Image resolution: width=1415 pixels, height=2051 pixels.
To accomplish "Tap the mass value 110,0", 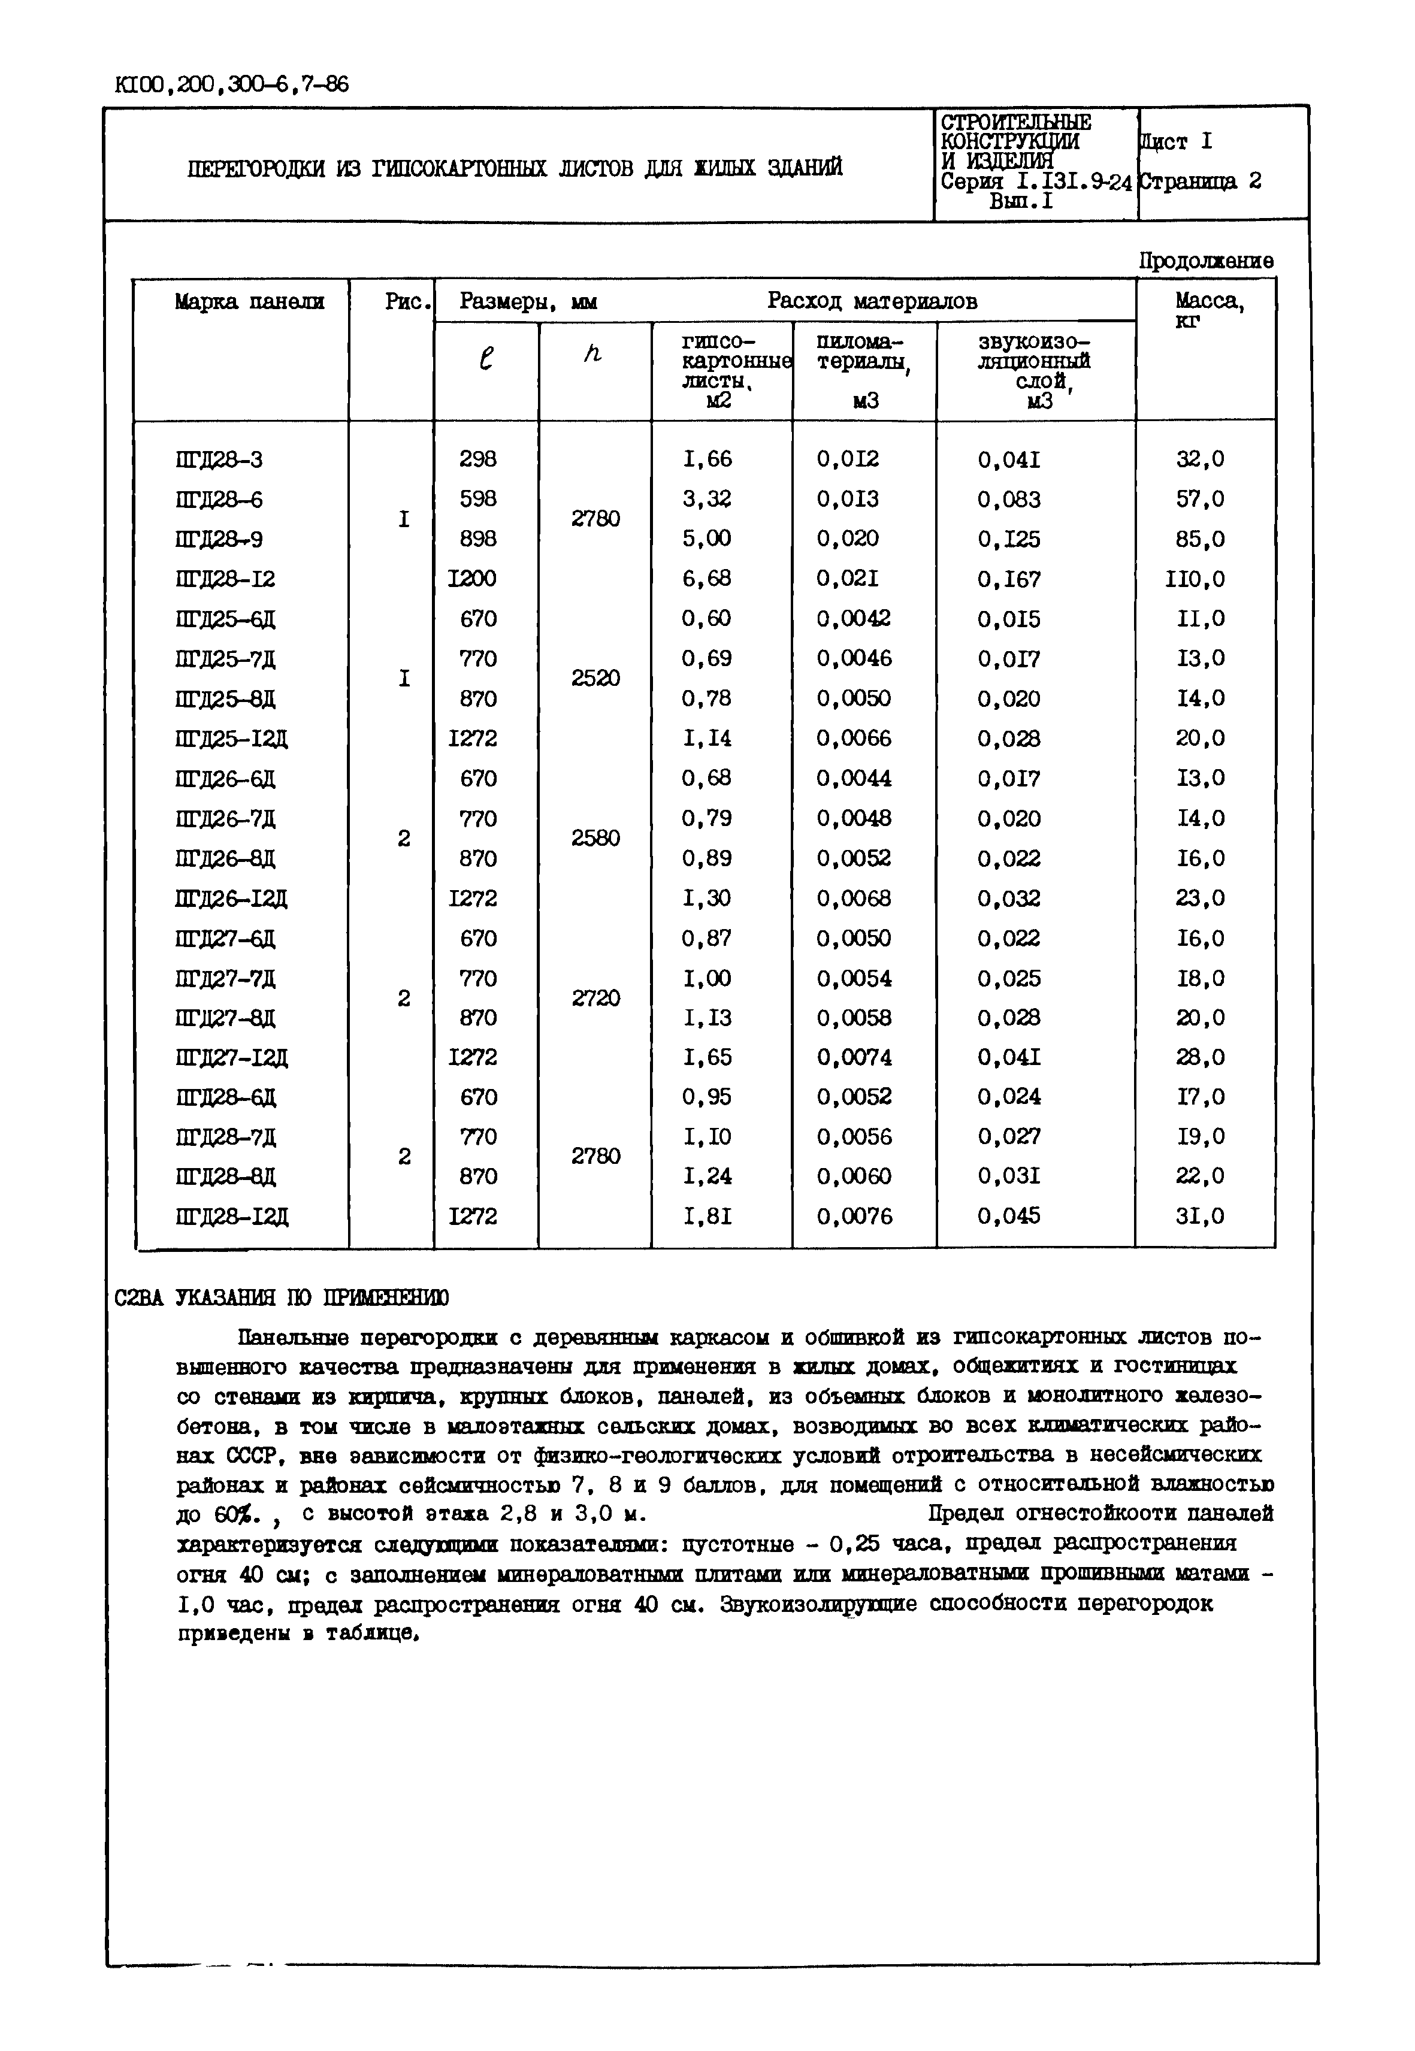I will coord(1195,579).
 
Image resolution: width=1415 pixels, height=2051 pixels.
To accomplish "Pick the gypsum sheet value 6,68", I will coord(707,579).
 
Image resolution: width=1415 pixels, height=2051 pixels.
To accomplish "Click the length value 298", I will coord(478,459).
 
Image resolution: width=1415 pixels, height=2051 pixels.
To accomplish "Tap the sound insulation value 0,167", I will coord(1009,579).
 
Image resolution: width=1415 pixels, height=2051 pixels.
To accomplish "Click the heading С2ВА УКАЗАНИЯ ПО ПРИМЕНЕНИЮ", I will coord(282,1297).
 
